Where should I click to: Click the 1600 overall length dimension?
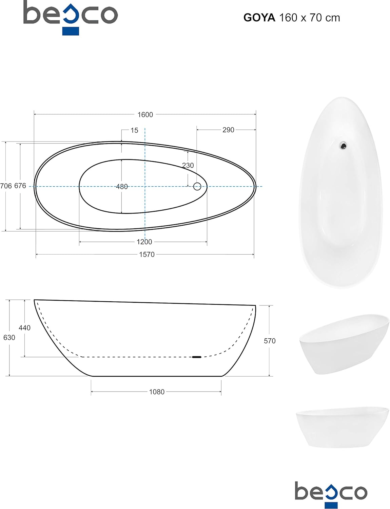tap(145, 115)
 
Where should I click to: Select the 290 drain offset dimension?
tap(228, 130)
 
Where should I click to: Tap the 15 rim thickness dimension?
tap(134, 130)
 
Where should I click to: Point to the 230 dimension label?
tap(188, 165)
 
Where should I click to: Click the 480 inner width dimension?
tap(122, 187)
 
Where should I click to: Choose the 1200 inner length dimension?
tap(144, 242)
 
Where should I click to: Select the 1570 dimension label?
tap(147, 254)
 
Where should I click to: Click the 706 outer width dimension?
tap(6, 186)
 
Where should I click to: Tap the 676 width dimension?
tap(20, 186)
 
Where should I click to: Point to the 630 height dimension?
tap(9, 338)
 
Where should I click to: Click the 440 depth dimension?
tap(24, 328)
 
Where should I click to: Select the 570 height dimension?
tap(270, 341)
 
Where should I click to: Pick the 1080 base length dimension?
tap(157, 392)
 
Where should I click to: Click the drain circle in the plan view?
tap(197, 186)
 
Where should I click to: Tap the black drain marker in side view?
tap(197, 357)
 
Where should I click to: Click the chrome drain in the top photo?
tap(344, 146)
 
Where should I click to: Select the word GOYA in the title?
tap(259, 18)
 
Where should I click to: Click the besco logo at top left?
tap(71, 17)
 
